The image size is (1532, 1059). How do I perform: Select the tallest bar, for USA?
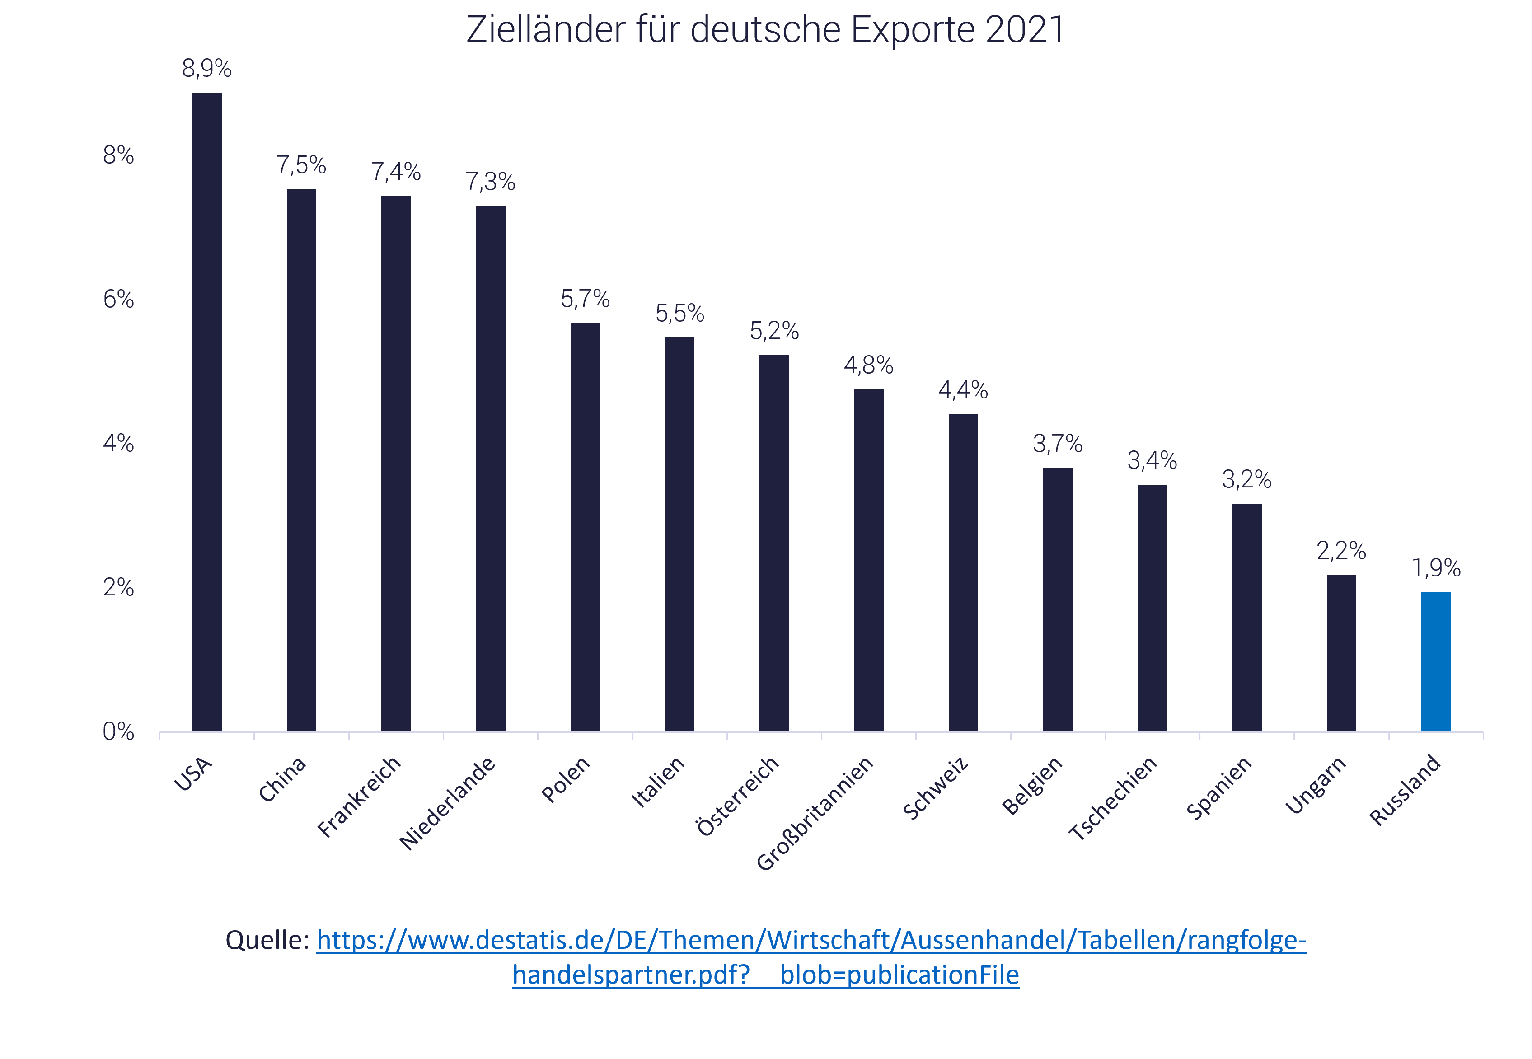point(206,412)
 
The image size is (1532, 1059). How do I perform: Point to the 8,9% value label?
point(206,68)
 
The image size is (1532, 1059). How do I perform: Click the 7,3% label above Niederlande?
point(490,182)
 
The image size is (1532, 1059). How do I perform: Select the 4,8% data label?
point(868,365)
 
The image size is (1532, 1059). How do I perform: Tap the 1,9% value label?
point(1436,568)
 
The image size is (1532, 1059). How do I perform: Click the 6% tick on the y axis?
point(118,299)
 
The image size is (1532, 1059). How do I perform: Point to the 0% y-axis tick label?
point(118,732)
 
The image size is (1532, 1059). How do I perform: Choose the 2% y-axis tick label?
point(118,587)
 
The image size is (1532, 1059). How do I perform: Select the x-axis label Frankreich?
point(360,796)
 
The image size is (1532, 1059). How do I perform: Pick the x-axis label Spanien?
point(1219,787)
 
